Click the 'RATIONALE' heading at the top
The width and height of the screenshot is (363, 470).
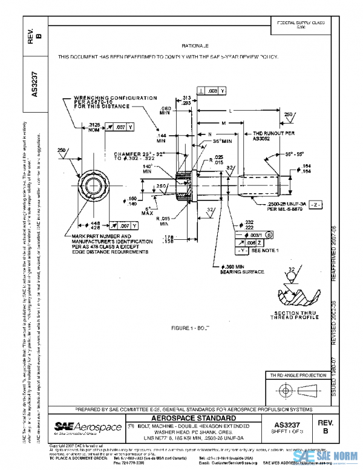(194, 45)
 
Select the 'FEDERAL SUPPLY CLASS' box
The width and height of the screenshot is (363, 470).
(301, 24)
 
